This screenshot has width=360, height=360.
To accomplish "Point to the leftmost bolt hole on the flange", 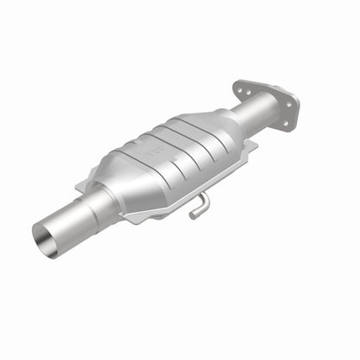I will (x=240, y=88).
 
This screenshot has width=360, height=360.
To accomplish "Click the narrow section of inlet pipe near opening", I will (x=65, y=225).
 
